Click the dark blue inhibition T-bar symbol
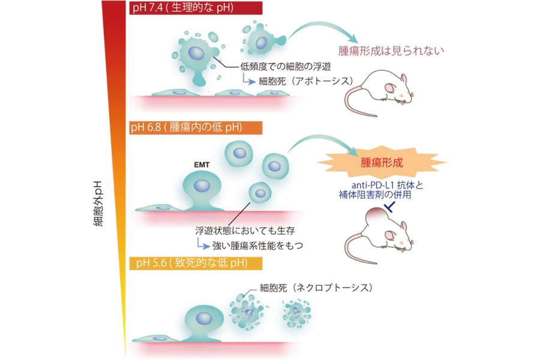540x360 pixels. pyautogui.click(x=389, y=208)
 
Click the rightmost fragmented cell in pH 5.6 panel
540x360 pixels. pyautogui.click(x=297, y=311)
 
